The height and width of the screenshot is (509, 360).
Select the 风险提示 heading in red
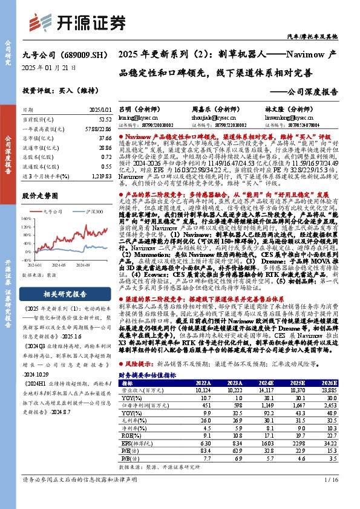coord(140,365)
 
